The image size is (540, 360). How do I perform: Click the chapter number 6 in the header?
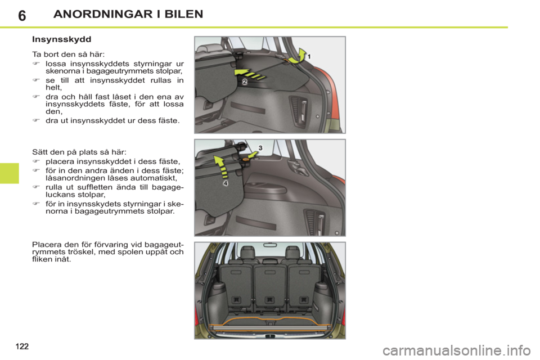coord(21,15)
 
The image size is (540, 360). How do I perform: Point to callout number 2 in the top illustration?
coord(245,82)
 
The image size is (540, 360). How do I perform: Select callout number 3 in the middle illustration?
coord(260,147)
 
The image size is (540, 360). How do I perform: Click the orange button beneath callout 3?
coord(246,159)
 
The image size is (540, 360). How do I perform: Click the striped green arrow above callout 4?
coord(225,166)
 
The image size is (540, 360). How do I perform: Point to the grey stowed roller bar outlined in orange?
coord(270,326)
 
